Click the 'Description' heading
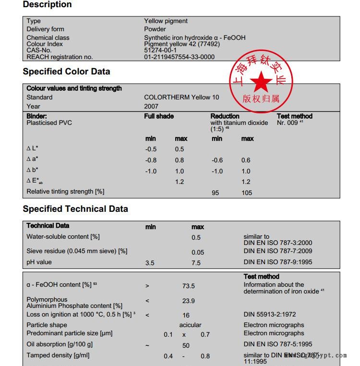[x=47, y=5]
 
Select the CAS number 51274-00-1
[x=160, y=50]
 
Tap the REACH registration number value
[x=180, y=57]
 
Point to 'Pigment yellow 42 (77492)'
[x=182, y=44]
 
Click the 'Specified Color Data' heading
[x=66, y=72]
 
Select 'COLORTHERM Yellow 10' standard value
[x=181, y=98]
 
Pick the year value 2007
[x=151, y=106]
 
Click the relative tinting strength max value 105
[x=246, y=193]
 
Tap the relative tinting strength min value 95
[x=216, y=193]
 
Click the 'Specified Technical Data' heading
[x=75, y=209]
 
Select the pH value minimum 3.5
[x=150, y=263]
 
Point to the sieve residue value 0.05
[x=198, y=252]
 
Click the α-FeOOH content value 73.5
[x=188, y=286]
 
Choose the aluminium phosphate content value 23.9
[x=188, y=301]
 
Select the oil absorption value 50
[x=186, y=345]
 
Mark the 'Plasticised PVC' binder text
[x=49, y=123]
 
